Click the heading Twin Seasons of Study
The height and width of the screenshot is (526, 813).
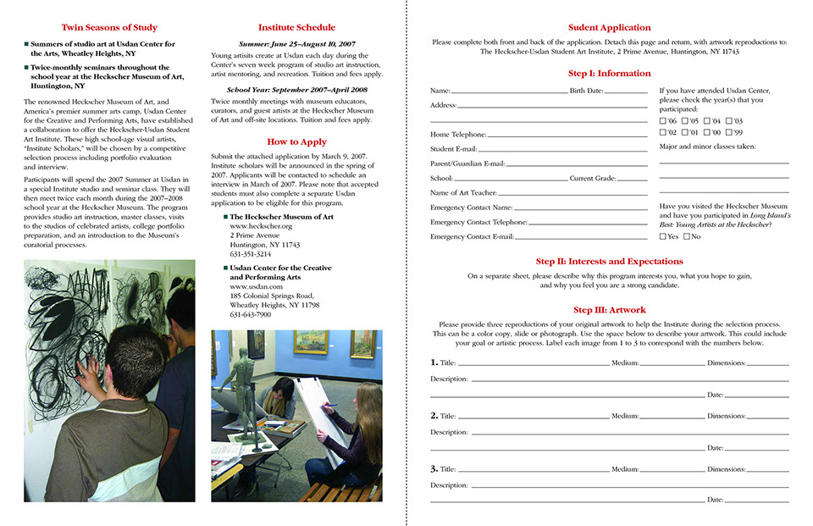pos(109,28)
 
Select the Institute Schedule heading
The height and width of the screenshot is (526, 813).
pos(296,28)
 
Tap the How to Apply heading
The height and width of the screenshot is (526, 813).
pos(296,142)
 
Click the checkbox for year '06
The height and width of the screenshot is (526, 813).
pos(663,121)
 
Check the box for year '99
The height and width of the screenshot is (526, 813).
pos(728,133)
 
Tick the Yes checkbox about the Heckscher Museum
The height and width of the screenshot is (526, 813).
pos(663,237)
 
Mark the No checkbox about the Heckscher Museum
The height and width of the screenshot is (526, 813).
pos(687,237)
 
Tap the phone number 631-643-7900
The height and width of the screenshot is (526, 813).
pos(251,315)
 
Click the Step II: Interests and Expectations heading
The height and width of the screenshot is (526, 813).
pos(609,262)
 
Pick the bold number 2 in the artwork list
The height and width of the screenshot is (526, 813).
pos(434,416)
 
